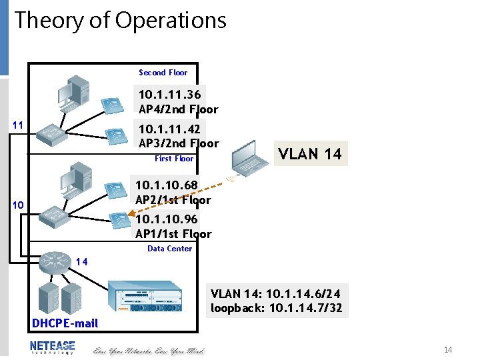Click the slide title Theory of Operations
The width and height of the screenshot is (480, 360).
pyautogui.click(x=121, y=21)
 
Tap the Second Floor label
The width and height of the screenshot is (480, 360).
pyautogui.click(x=163, y=73)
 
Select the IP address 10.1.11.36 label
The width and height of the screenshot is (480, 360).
pyautogui.click(x=169, y=94)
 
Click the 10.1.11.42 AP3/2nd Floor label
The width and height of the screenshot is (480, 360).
pyautogui.click(x=178, y=135)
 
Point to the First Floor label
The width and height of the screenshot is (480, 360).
pyautogui.click(x=174, y=159)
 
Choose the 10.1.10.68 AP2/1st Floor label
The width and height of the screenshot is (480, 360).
pyautogui.click(x=173, y=192)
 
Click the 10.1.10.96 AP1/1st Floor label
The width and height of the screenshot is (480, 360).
pyautogui.click(x=173, y=227)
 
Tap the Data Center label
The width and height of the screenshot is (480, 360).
pyautogui.click(x=169, y=249)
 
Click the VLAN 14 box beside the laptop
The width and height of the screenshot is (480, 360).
pyautogui.click(x=309, y=154)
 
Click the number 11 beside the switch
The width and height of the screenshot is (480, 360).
pyautogui.click(x=19, y=125)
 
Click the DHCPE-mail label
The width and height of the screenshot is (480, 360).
pyautogui.click(x=65, y=323)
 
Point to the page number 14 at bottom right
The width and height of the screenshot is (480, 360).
pyautogui.click(x=448, y=350)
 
